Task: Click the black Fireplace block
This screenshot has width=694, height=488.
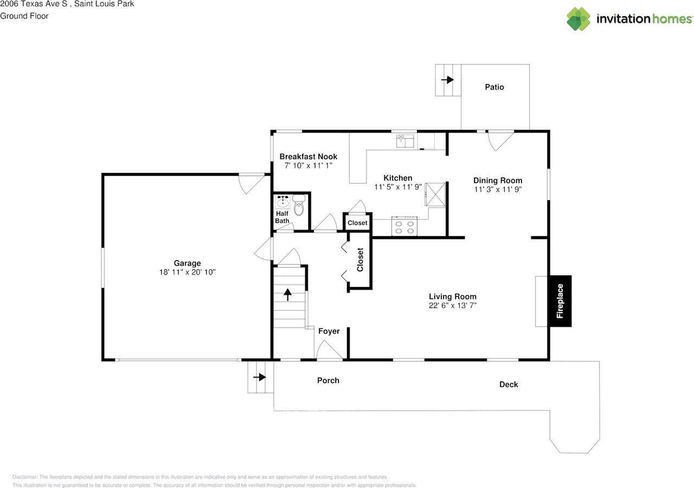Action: pos(561,301)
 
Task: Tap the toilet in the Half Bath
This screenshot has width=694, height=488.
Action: pos(299,205)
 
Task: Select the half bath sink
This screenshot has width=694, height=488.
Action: pos(283,201)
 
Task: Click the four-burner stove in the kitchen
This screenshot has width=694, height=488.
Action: pos(404,226)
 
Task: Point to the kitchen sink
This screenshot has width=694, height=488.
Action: pos(405,141)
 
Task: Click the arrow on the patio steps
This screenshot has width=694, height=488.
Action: pos(447,80)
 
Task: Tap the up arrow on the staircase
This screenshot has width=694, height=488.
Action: pos(287,295)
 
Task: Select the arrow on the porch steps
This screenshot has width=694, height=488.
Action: pos(260,377)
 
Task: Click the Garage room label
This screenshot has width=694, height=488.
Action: pos(187,263)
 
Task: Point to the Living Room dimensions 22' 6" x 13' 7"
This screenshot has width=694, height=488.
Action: pos(453,305)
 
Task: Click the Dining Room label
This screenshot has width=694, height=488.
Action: pos(498,180)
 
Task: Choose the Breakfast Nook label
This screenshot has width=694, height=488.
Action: pos(309,157)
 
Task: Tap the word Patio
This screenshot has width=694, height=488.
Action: pos(494,87)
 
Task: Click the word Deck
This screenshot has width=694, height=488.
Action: pos(509,385)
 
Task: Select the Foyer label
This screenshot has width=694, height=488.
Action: pos(329,331)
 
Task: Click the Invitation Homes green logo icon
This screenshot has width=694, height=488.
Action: pos(579,19)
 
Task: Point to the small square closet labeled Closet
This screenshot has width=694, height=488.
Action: pos(357,222)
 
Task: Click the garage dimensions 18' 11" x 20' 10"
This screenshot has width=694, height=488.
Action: pos(187,272)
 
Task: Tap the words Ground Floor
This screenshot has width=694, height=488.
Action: pos(24,16)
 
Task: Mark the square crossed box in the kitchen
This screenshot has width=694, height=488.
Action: pos(435,194)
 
